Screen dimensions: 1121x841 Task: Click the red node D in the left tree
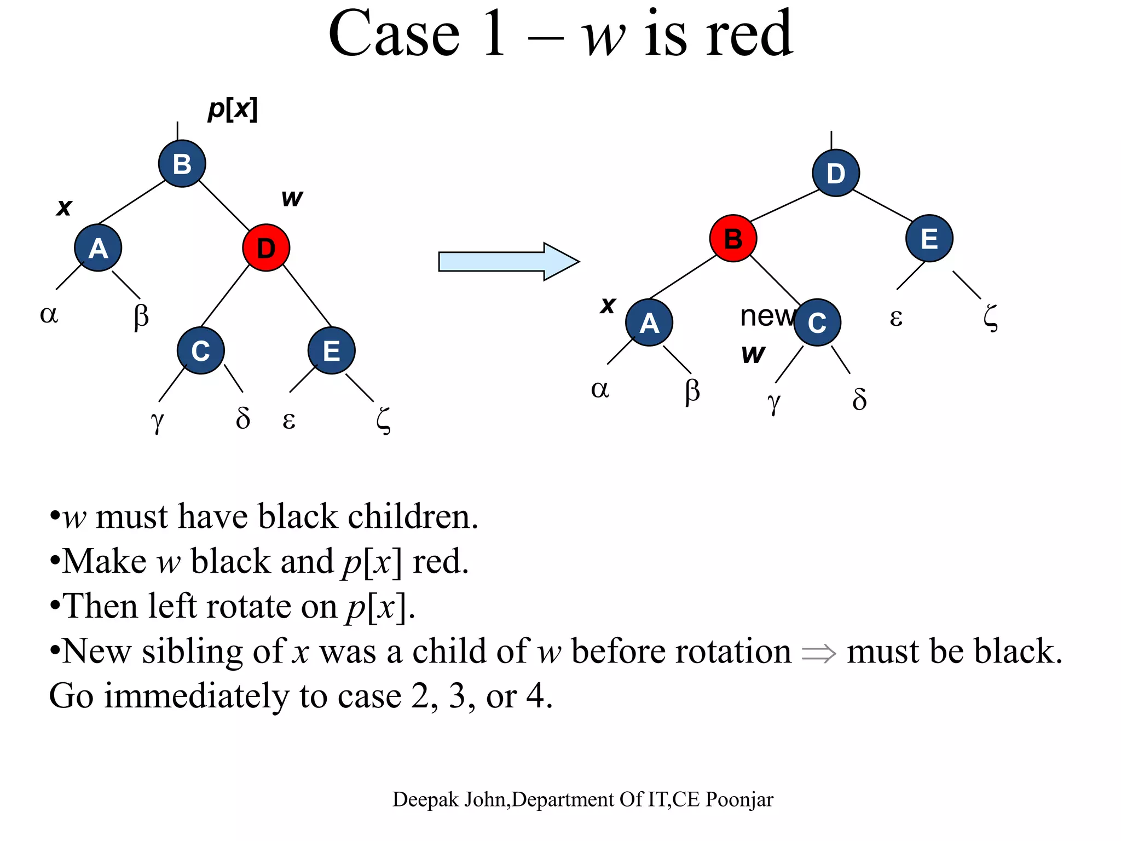(x=266, y=248)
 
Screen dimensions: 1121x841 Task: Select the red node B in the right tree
(x=733, y=239)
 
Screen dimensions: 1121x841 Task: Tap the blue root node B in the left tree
(x=182, y=164)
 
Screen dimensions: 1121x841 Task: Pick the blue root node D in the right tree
(x=835, y=173)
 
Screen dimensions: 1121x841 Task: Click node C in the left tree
(x=200, y=350)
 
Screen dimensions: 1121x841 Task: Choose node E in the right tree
(x=929, y=239)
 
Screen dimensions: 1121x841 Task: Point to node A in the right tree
(x=649, y=322)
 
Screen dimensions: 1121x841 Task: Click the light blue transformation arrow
(x=508, y=262)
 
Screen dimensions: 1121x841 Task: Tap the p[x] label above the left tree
(x=233, y=109)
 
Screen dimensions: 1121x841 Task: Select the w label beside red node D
(x=292, y=198)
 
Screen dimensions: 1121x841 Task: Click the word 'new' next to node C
(x=766, y=316)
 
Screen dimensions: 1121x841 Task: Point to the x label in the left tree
(x=64, y=208)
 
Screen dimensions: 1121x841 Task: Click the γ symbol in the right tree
(x=773, y=403)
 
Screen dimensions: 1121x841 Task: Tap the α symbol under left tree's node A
(x=49, y=314)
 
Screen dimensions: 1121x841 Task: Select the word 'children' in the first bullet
(x=413, y=516)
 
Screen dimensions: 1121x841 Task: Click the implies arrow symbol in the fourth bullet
(x=818, y=653)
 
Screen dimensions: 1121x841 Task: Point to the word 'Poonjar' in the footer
(x=739, y=800)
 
